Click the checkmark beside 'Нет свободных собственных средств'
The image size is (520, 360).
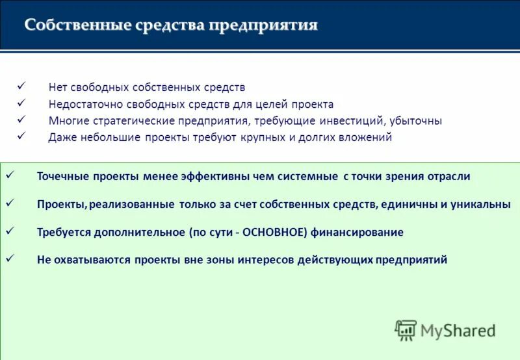(x=21, y=86)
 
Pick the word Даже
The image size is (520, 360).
(x=61, y=138)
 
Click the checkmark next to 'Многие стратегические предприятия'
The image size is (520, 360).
(x=21, y=120)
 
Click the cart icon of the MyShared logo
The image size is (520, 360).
(x=406, y=330)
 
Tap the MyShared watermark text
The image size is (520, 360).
(x=458, y=331)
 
